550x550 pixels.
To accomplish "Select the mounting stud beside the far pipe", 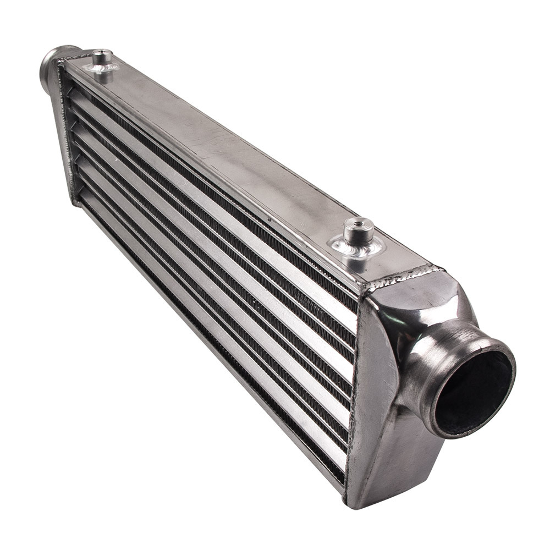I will (x=102, y=58).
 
